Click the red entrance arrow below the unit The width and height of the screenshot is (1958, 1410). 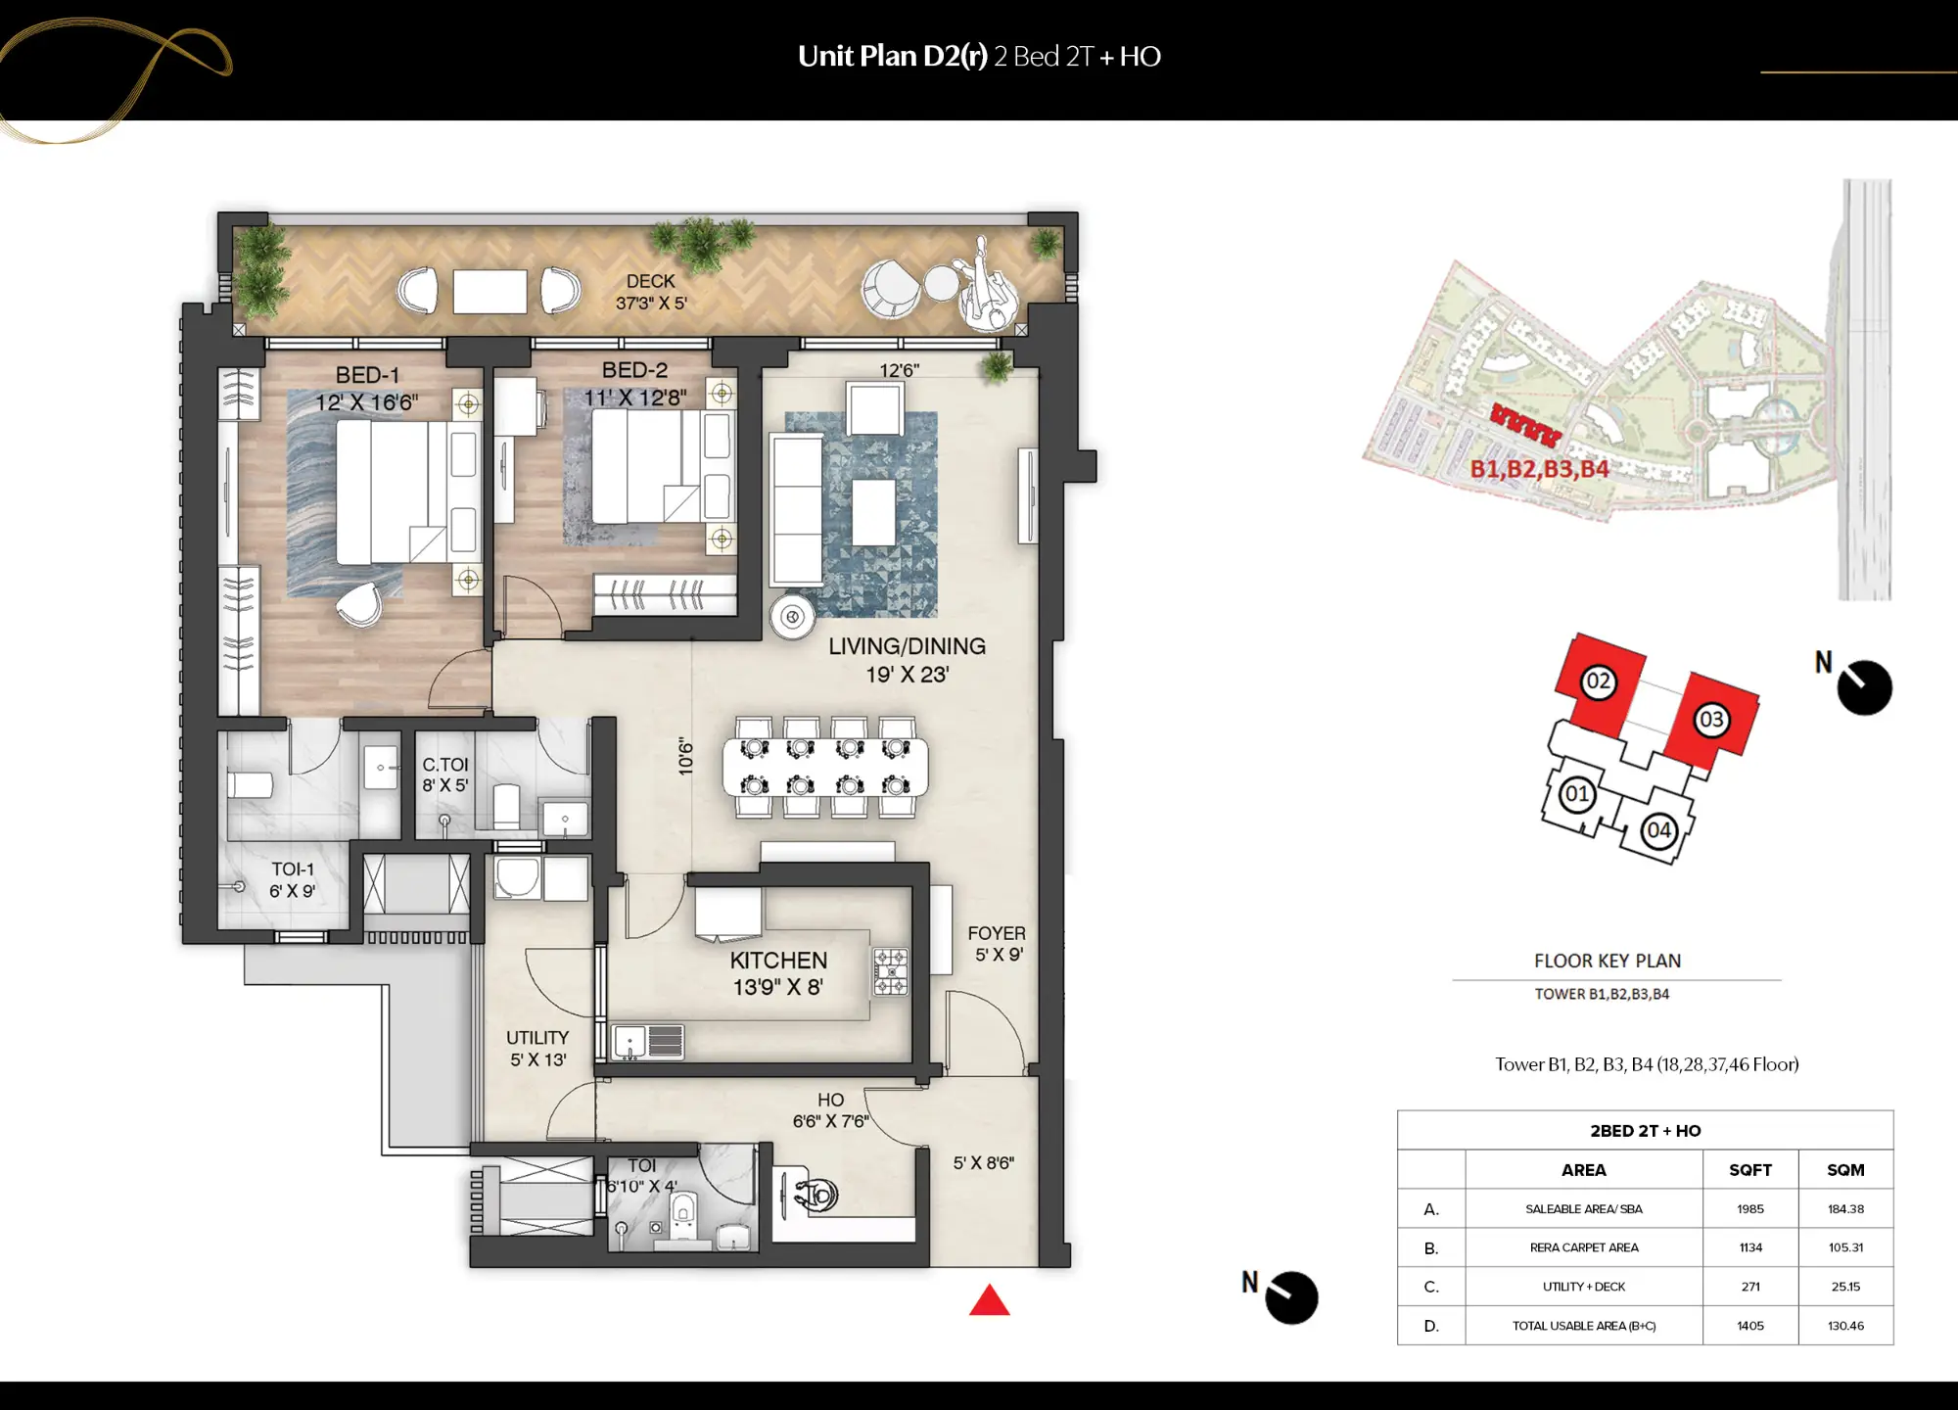(x=989, y=1302)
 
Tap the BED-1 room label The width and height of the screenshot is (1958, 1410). (x=367, y=375)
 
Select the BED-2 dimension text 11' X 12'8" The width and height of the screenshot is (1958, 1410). (x=634, y=398)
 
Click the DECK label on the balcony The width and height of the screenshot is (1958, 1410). (x=650, y=281)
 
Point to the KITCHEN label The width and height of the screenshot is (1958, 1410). (x=778, y=961)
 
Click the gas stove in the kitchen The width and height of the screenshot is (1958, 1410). (x=890, y=971)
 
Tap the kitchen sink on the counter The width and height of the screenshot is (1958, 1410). (x=629, y=1041)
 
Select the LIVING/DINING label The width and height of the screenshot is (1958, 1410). (x=907, y=646)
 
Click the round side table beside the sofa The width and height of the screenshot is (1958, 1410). (x=792, y=617)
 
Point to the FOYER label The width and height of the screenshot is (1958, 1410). (x=997, y=933)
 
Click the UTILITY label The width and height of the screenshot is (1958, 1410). (x=536, y=1037)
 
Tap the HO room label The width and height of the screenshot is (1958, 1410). (x=830, y=1100)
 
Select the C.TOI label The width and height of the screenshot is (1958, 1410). (x=444, y=765)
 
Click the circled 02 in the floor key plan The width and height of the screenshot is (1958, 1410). (x=1598, y=681)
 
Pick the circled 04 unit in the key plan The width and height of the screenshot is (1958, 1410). (x=1658, y=830)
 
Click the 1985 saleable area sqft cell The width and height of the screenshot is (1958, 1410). (x=1749, y=1209)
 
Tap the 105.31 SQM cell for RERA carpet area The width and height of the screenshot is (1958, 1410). (x=1844, y=1247)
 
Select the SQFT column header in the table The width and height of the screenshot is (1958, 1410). (x=1749, y=1170)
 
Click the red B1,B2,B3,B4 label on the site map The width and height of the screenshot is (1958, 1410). (x=1539, y=469)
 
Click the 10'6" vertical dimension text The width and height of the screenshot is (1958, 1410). (x=685, y=758)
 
